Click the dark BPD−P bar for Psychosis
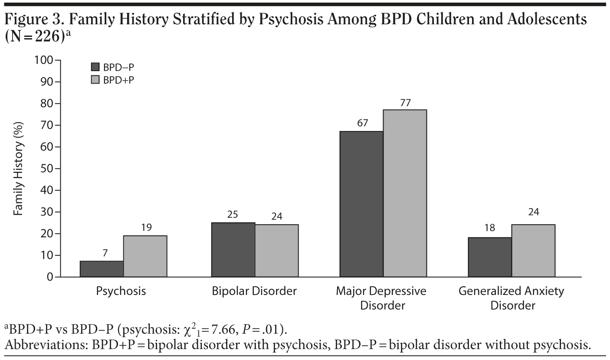tap(102, 269)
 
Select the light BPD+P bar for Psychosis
tap(145, 256)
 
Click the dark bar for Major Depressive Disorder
tap(361, 204)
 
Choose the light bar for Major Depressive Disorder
tap(405, 193)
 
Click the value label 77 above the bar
tap(406, 103)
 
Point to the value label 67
tap(362, 123)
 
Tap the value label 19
tap(146, 227)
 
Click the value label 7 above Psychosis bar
tap(105, 253)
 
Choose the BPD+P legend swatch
tap(95, 80)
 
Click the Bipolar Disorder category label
tap(254, 291)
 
